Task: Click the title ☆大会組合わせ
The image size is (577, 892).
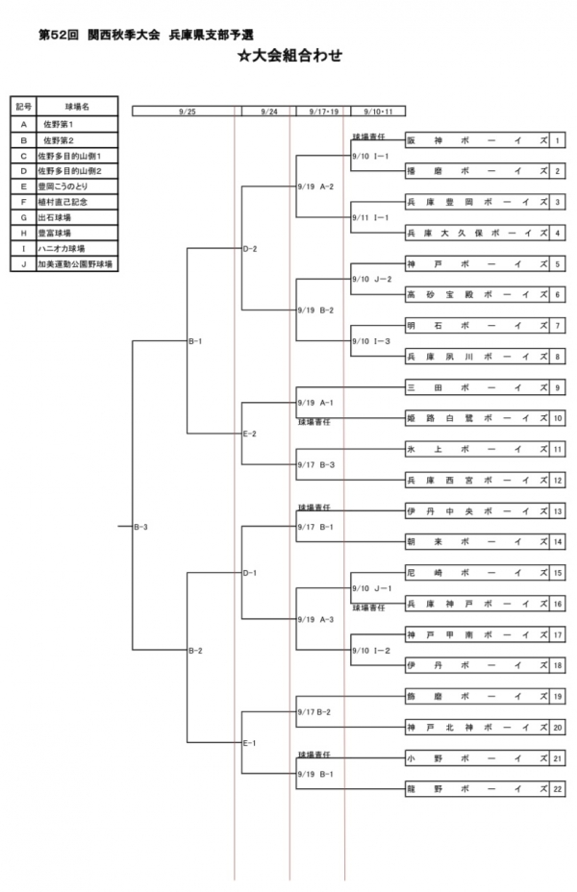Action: point(289,56)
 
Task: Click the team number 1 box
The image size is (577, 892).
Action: point(558,140)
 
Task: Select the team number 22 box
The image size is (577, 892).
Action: point(558,789)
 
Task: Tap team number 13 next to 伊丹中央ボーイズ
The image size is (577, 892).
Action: point(558,510)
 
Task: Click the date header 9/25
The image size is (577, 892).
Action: point(187,111)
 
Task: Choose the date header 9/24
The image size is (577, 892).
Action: point(269,111)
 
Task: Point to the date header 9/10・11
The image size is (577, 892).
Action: point(378,111)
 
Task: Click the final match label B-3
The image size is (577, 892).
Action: point(140,527)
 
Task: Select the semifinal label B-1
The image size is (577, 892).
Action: point(195,340)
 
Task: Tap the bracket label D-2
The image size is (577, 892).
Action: point(250,248)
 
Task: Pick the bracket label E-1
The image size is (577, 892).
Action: point(250,743)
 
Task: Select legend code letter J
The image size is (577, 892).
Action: point(23,262)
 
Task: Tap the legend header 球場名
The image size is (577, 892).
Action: point(77,107)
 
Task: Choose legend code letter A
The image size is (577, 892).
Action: point(23,124)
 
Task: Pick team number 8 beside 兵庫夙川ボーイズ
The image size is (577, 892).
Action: point(558,357)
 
